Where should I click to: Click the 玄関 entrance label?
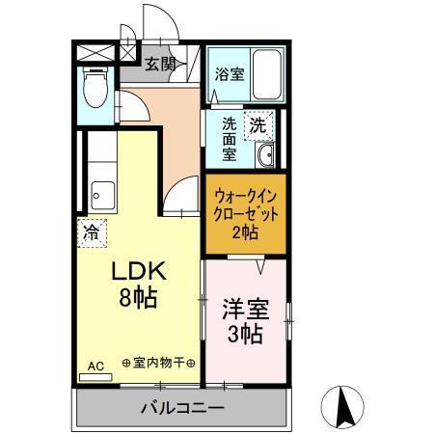pyautogui.click(x=160, y=65)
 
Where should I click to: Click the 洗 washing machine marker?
pyautogui.click(x=258, y=123)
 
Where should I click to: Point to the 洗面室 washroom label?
pyautogui.click(x=230, y=139)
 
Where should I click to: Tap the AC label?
pyautogui.click(x=95, y=366)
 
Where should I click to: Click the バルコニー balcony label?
pyautogui.click(x=179, y=408)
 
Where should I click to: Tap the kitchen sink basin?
pyautogui.click(x=99, y=197)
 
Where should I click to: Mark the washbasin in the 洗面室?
pyautogui.click(x=267, y=155)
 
